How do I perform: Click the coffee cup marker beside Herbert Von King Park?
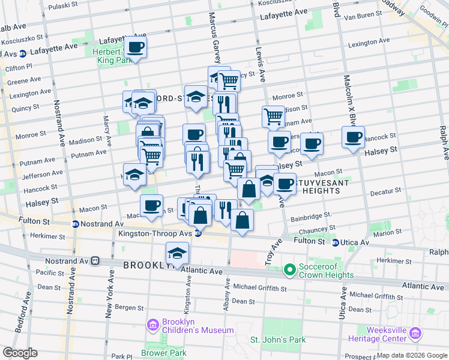(135, 47)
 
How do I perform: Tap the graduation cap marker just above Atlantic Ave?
(176, 253)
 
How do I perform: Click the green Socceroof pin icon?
(289, 270)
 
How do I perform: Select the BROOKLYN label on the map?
(149, 265)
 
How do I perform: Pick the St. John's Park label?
(278, 340)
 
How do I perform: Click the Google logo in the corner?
(19, 353)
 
